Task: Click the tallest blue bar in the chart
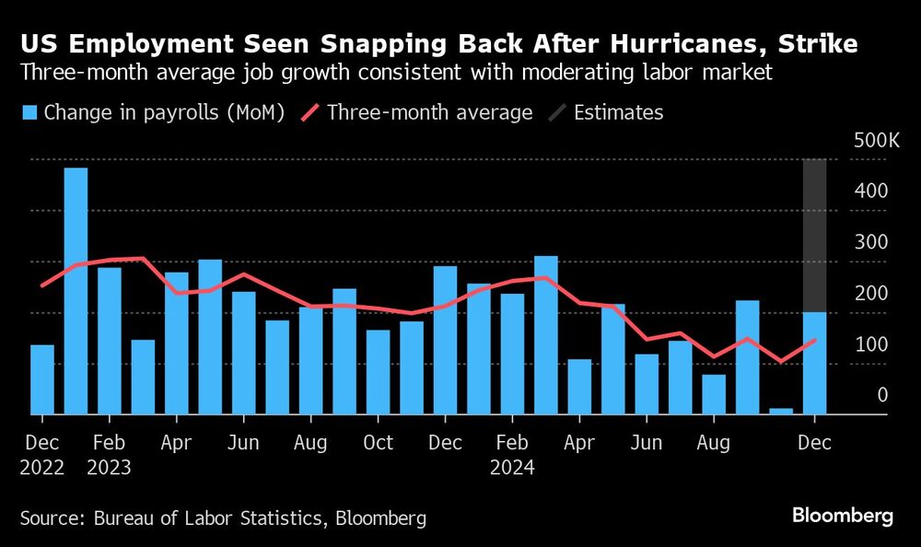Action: click(x=76, y=291)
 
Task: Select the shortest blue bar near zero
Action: click(x=781, y=411)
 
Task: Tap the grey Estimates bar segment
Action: click(x=814, y=235)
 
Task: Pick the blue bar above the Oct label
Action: click(x=378, y=372)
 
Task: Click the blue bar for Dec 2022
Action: click(x=42, y=379)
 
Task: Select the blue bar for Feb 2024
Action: click(x=512, y=354)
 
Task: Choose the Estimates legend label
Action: click(x=618, y=112)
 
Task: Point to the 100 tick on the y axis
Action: click(x=870, y=344)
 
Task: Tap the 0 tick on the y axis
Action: click(x=881, y=395)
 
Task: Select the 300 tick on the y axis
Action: click(x=870, y=242)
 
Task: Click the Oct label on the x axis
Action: click(x=378, y=443)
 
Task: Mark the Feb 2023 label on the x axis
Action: click(x=109, y=455)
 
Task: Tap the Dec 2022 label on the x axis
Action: click(x=42, y=455)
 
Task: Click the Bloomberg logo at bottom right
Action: click(x=844, y=517)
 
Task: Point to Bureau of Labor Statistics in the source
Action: click(x=206, y=518)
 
